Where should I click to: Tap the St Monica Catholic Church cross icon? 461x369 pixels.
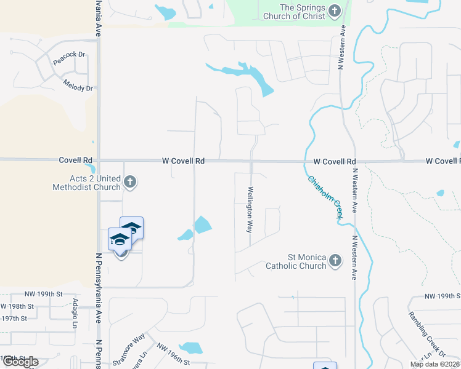point(335,261)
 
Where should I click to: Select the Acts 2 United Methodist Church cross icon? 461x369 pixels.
point(129,181)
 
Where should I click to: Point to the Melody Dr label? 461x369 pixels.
point(78,88)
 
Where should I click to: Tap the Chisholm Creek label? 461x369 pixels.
point(324,197)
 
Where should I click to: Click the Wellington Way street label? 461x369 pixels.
point(250,209)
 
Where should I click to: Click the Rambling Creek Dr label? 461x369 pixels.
point(426,333)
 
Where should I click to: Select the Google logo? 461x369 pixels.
point(20,362)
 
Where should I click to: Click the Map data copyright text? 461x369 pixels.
point(435,364)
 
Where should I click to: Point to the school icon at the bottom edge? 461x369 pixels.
point(325,367)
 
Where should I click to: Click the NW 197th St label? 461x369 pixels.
point(13,318)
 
